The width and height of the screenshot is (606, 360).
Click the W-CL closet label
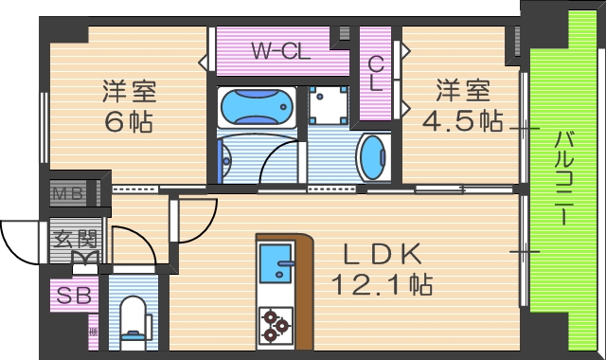point(281,51)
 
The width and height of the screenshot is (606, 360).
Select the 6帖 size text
point(129,121)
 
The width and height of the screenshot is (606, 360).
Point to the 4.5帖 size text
point(463,121)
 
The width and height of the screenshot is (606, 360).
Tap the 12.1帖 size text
point(382,282)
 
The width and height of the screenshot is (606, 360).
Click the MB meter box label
point(68,195)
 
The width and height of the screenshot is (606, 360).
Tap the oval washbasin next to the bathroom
point(373,156)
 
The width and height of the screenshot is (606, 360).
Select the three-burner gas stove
point(276,322)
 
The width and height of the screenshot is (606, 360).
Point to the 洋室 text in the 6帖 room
point(129,93)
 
